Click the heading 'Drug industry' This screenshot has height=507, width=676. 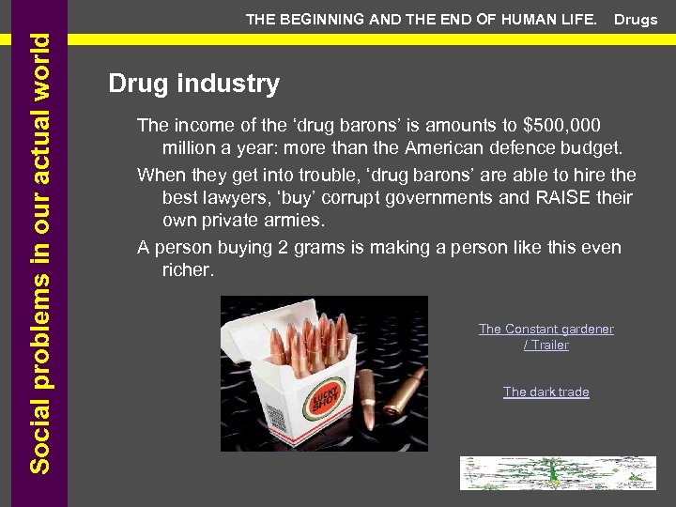pos(193,84)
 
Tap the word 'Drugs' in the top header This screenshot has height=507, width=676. pos(636,20)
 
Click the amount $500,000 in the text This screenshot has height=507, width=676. pos(562,125)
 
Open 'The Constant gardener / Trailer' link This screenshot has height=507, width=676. pos(545,336)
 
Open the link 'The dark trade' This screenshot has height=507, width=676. pos(545,392)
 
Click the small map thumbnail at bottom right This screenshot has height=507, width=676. pos(557,472)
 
